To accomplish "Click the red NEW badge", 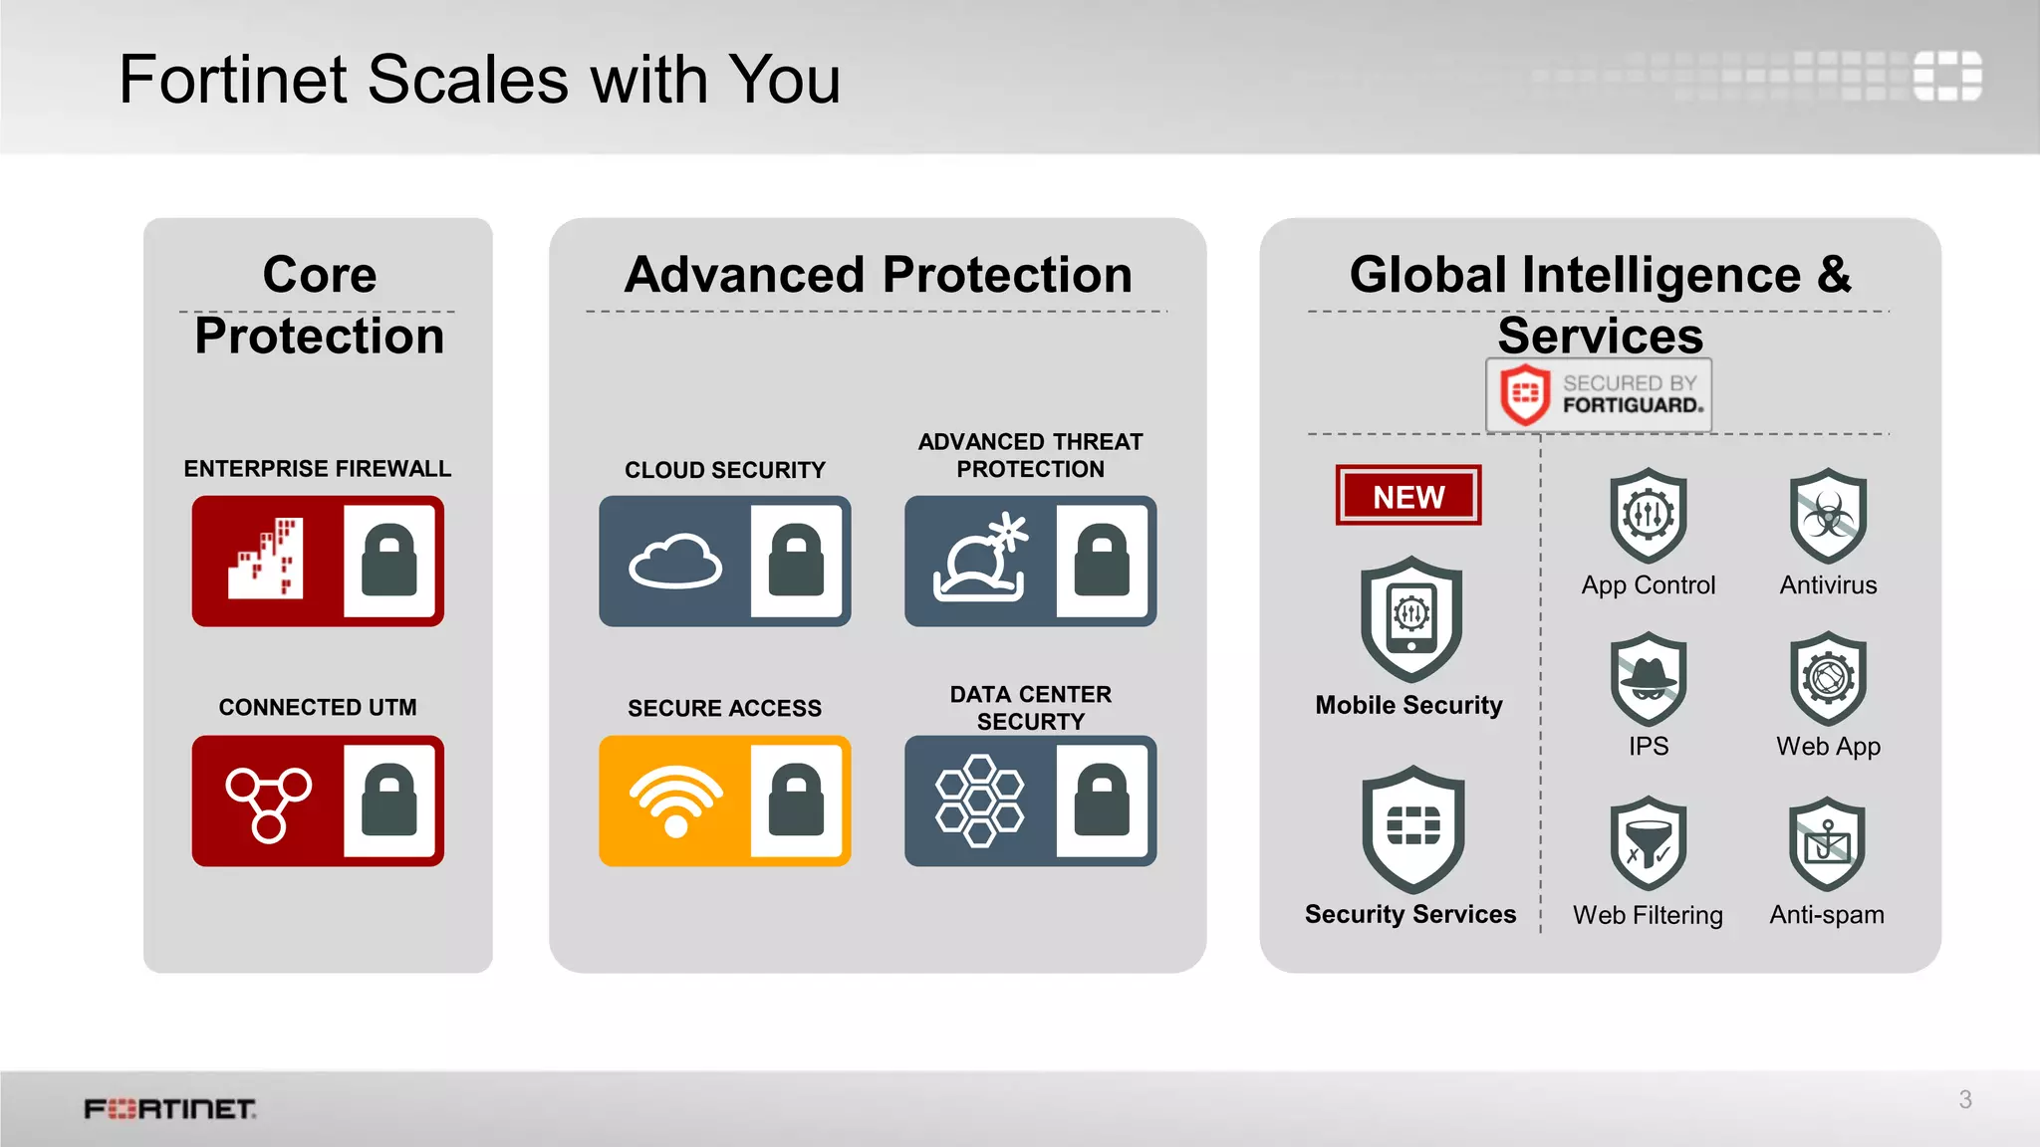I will tap(1407, 496).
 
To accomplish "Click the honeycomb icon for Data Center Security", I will tap(979, 802).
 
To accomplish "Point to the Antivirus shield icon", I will tap(1828, 516).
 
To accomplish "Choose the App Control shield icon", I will tap(1649, 516).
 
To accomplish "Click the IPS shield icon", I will tap(1649, 679).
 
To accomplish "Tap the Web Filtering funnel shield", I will tap(1649, 844).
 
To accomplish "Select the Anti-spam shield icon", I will tap(1827, 844).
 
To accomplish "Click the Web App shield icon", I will tap(1828, 679).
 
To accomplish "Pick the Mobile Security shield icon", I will tap(1410, 618).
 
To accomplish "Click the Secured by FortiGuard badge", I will tap(1599, 395).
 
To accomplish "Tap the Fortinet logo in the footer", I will tap(170, 1109).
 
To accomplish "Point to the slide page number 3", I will tap(1965, 1099).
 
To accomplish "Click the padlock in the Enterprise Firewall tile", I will tap(389, 562).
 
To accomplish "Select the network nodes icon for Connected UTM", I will tap(268, 803).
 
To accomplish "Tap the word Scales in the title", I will tap(468, 80).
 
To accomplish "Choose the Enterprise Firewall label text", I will tap(318, 469).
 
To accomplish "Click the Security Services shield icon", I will tap(1412, 828).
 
